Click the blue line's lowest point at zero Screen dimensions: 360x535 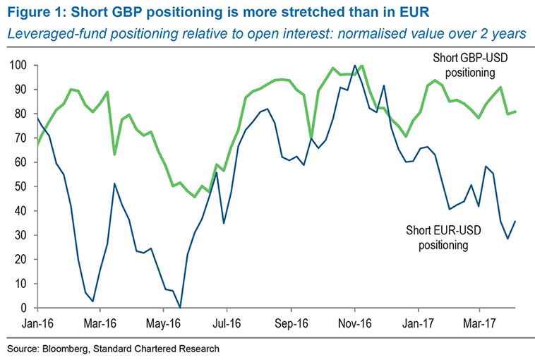pyautogui.click(x=180, y=308)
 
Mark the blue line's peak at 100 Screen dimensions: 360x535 pyautogui.click(x=354, y=66)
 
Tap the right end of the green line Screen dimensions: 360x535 pyautogui.click(x=516, y=112)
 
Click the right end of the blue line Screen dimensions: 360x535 pyautogui.click(x=516, y=221)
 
